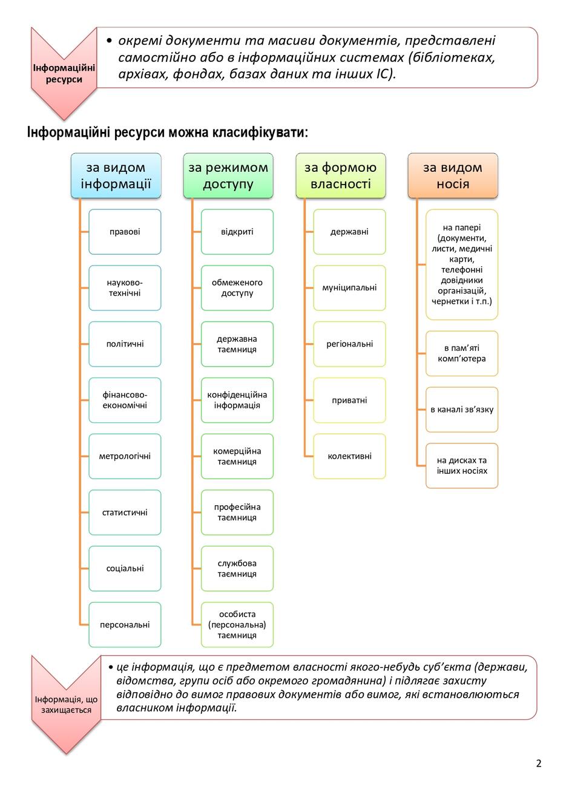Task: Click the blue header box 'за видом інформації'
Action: (x=116, y=175)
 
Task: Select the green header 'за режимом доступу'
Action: (x=228, y=175)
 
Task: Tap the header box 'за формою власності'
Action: (x=341, y=175)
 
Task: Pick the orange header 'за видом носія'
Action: (x=453, y=175)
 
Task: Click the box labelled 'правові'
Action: (x=125, y=232)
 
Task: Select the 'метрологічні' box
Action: (x=125, y=456)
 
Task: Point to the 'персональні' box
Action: (x=125, y=624)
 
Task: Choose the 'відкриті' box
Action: (x=237, y=232)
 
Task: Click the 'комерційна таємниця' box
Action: (x=237, y=456)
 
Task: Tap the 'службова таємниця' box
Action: (x=237, y=569)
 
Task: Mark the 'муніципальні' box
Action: (x=349, y=288)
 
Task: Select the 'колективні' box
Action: (x=349, y=456)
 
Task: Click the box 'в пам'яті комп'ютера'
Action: (x=462, y=353)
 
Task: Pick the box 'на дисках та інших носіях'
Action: (x=462, y=466)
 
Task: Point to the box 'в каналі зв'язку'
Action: (x=462, y=410)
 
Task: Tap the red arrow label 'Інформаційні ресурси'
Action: (x=64, y=74)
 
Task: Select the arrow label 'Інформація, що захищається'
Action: (x=66, y=705)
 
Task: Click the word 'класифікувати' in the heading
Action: (x=260, y=133)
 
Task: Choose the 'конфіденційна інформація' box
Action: (x=237, y=400)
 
